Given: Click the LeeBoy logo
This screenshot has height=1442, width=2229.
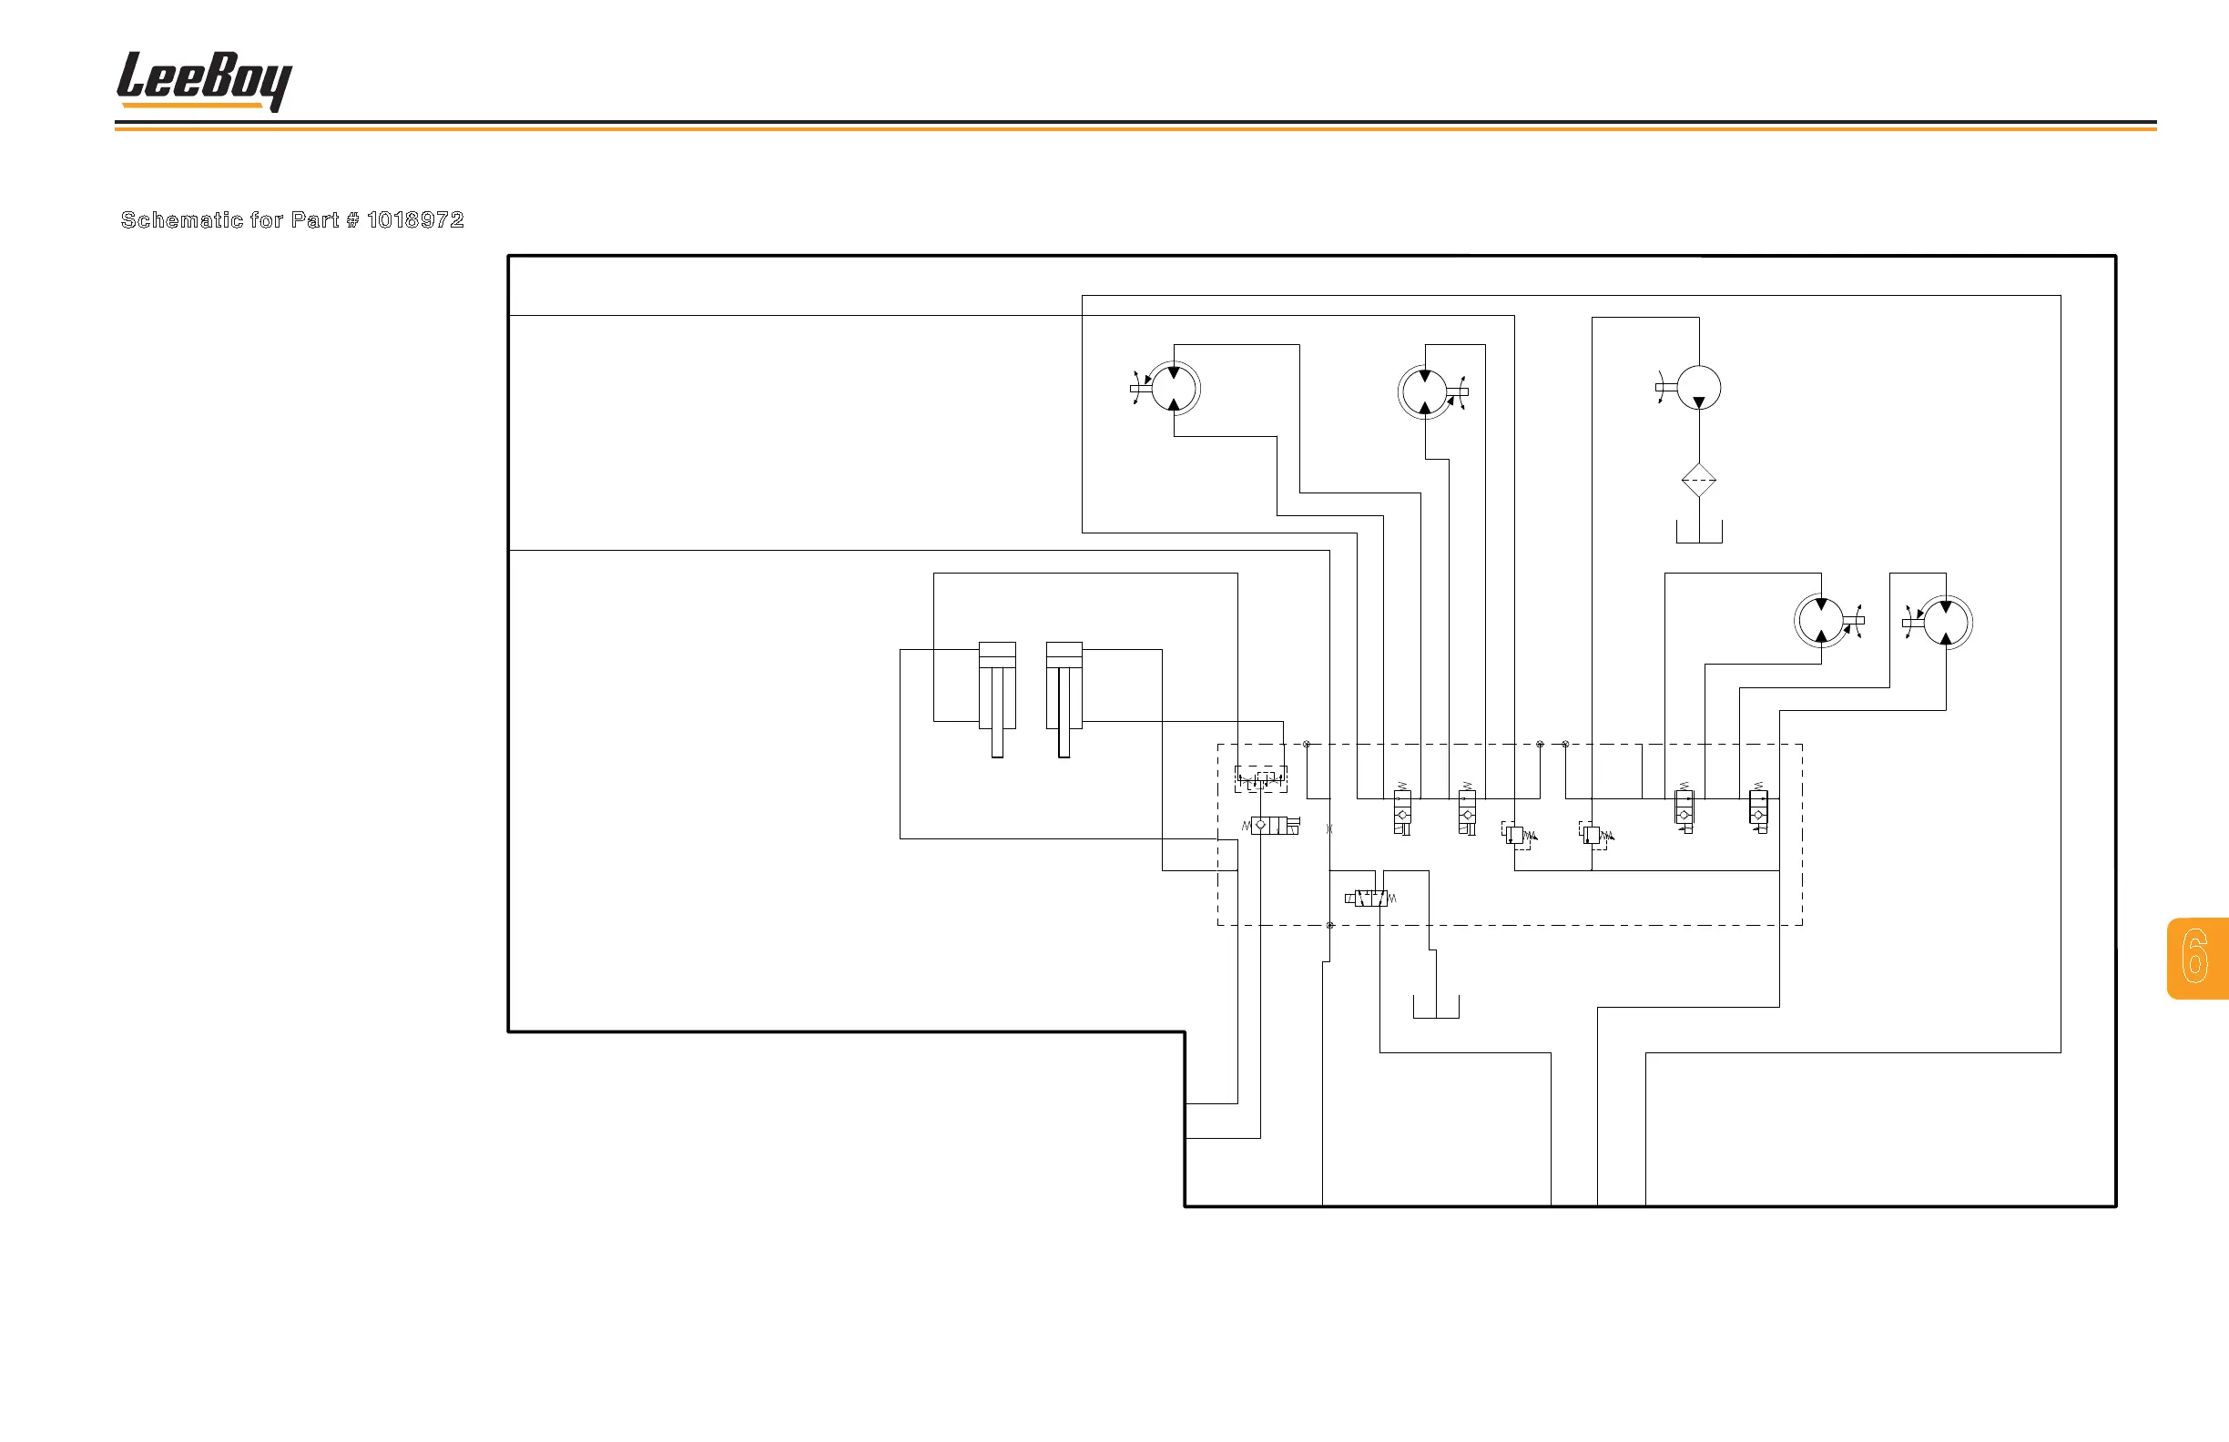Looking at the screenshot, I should [203, 80].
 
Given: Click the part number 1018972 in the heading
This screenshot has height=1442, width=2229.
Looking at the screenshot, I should [415, 220].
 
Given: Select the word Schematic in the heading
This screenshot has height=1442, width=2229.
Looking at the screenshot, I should [182, 220].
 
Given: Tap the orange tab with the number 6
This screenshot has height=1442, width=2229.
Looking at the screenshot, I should [2196, 957].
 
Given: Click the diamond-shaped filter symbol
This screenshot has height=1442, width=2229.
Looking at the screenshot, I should [1698, 481].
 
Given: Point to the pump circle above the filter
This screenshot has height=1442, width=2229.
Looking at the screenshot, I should [1698, 388].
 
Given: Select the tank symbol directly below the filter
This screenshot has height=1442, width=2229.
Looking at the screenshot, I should [1698, 533].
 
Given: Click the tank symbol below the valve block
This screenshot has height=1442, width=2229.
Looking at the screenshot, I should [1435, 1008].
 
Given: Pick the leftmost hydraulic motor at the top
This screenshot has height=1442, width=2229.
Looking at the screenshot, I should [1174, 389].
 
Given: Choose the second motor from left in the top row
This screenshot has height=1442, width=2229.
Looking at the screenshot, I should [1424, 391].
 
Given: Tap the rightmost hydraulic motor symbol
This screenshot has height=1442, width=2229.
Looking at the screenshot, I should [1945, 622].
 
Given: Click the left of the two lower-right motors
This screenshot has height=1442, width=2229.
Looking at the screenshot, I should [1821, 621].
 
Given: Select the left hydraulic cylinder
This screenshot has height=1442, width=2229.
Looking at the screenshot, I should [996, 697].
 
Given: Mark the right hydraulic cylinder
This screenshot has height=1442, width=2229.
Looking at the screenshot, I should [1064, 697].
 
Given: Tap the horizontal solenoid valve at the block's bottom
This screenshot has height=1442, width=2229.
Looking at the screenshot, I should [1370, 899].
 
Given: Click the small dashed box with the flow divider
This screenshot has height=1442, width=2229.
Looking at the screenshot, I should [1259, 778].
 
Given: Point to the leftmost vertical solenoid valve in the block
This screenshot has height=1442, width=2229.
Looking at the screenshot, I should [1402, 811].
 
